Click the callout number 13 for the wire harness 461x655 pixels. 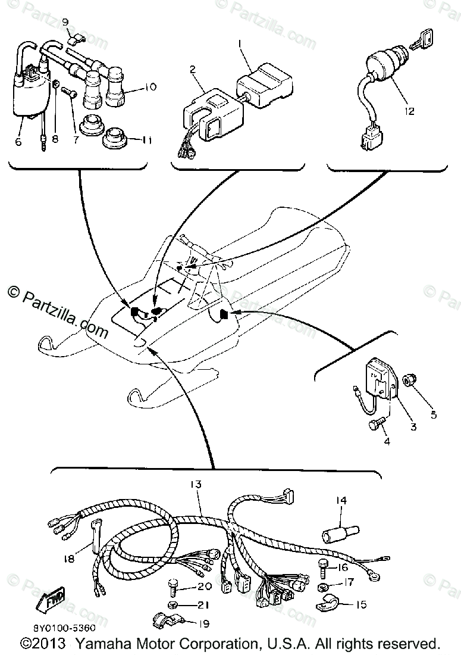197,485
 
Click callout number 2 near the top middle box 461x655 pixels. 192,69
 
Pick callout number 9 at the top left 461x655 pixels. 67,23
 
